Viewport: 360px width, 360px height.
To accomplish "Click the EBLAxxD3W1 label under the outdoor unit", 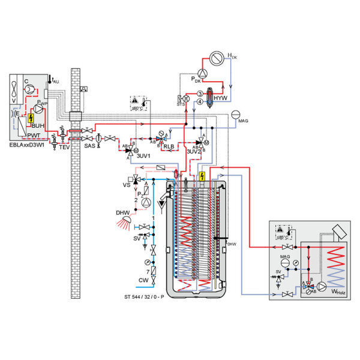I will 29,145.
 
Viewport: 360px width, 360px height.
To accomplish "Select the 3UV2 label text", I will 193,152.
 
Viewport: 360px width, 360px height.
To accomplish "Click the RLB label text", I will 169,146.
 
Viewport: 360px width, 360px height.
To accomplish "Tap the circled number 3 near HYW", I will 200,94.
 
